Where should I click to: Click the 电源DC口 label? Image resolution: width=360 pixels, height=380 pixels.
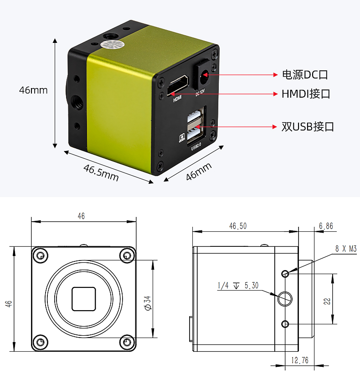point(305,75)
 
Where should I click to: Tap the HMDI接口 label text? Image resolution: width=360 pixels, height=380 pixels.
point(306,94)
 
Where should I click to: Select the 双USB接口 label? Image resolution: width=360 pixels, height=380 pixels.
point(308,127)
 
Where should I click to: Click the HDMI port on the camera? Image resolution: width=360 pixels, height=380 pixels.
point(178,85)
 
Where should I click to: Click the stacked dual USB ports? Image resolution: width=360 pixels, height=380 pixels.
point(195,126)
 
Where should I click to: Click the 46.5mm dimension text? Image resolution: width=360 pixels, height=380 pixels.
point(101,172)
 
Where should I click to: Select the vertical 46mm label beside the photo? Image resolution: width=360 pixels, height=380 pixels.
point(33,90)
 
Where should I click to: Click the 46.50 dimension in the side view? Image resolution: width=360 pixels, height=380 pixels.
point(238,226)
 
